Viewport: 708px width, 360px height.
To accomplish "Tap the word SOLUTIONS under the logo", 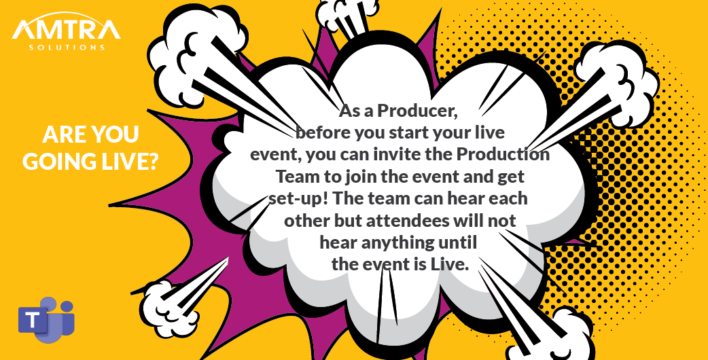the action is click(x=67, y=48).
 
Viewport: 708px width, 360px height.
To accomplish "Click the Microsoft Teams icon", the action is click(x=46, y=319).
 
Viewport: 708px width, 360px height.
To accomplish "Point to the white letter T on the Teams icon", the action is click(x=32, y=320).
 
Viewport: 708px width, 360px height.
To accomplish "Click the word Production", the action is click(x=502, y=154).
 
